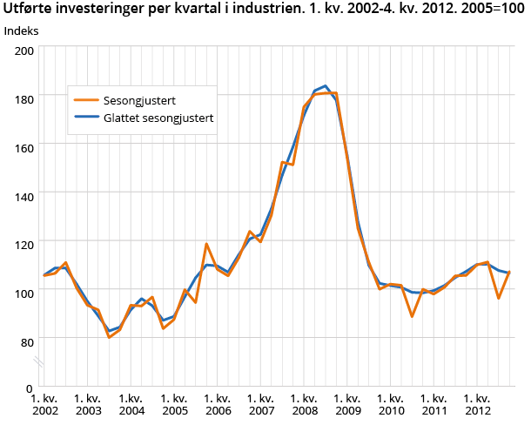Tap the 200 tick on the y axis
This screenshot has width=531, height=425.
point(24,51)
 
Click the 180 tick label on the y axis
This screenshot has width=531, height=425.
point(24,99)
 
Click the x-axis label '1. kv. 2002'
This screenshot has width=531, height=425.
point(44,403)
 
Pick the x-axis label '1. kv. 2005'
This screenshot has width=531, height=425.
point(174,403)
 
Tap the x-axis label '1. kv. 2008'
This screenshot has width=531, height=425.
point(304,403)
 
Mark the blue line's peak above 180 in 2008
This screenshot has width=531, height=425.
point(325,86)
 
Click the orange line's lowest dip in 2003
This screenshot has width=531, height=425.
point(109,337)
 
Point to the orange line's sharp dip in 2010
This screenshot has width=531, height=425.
point(412,316)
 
